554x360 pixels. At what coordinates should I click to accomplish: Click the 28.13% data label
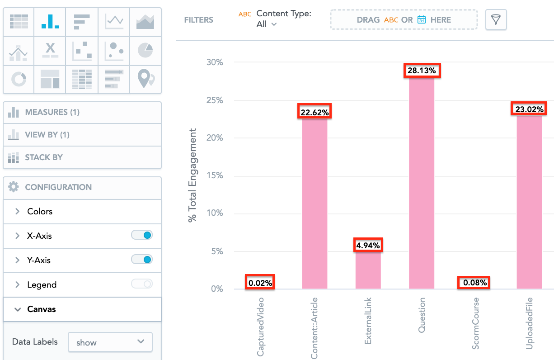[x=422, y=71]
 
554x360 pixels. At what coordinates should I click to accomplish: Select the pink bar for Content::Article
[x=315, y=204]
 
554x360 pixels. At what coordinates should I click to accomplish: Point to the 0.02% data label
[x=260, y=283]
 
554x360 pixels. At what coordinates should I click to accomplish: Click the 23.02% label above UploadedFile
[x=529, y=109]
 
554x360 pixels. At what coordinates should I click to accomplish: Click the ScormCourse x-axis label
[x=475, y=323]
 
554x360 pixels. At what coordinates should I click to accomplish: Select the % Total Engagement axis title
[x=193, y=175]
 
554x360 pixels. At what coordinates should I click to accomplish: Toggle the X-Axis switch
[x=141, y=235]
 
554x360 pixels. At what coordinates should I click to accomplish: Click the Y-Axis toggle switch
[x=141, y=260]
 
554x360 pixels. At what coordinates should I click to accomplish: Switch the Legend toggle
[x=141, y=284]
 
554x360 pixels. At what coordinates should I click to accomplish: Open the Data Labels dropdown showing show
[x=110, y=342]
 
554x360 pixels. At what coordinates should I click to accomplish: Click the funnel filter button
[x=496, y=20]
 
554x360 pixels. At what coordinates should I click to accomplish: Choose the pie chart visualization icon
[x=145, y=50]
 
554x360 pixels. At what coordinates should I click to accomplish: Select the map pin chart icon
[x=145, y=79]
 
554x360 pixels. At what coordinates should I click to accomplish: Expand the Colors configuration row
[x=40, y=211]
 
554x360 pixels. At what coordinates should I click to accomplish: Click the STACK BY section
[x=44, y=157]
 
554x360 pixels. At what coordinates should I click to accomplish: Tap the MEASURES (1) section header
[x=52, y=112]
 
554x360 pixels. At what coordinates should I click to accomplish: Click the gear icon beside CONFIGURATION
[x=14, y=187]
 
